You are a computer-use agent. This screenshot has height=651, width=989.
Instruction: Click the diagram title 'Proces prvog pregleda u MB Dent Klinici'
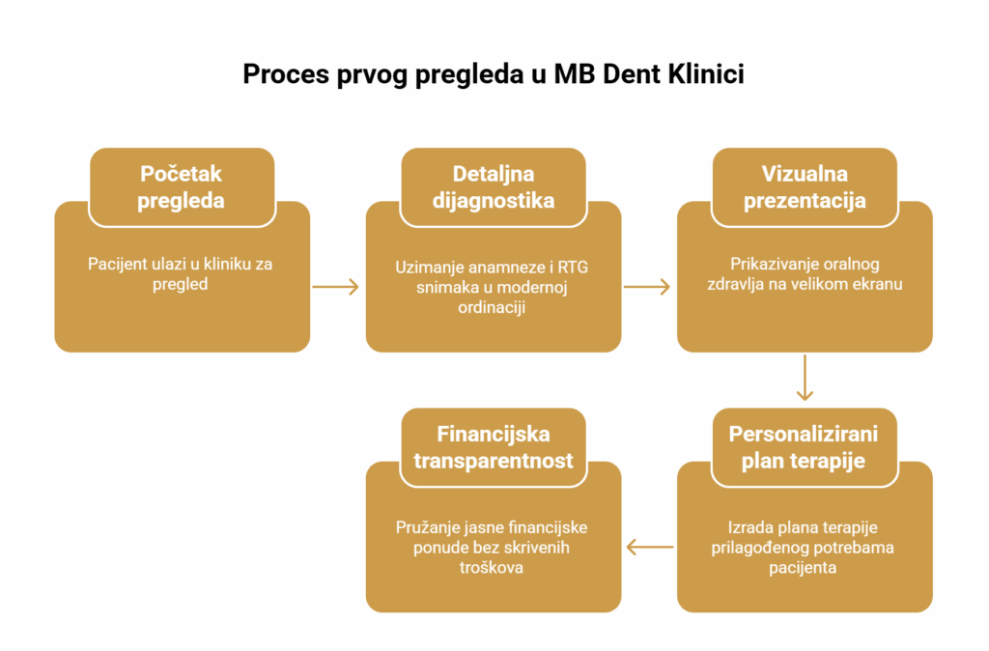[494, 74]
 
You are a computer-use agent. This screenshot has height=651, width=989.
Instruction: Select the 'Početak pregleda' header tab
[182, 186]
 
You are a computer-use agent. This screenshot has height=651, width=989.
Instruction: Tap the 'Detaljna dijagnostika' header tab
[494, 186]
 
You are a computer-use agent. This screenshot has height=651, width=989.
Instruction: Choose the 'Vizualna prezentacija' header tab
[805, 186]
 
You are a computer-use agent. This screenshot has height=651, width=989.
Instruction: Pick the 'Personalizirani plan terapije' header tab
[805, 447]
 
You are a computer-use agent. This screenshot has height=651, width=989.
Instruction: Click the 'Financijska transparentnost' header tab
[494, 447]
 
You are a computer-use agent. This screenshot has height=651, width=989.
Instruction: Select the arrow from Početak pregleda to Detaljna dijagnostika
[335, 287]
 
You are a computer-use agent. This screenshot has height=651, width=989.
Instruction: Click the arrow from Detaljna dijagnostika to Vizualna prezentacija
[647, 287]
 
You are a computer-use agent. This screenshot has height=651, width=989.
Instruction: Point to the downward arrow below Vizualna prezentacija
[805, 378]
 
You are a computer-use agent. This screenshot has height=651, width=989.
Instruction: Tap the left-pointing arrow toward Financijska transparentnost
[650, 547]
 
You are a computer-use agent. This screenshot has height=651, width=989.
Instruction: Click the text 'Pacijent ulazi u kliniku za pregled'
[181, 273]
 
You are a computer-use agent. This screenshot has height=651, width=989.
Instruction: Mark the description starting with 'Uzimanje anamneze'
[492, 287]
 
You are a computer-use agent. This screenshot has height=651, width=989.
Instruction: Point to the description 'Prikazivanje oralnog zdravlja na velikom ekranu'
[805, 273]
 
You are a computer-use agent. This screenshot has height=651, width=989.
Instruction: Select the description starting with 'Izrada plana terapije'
[803, 547]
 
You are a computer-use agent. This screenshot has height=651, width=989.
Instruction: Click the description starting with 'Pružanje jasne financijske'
[492, 547]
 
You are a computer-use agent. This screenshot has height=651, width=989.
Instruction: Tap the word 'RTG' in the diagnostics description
[573, 268]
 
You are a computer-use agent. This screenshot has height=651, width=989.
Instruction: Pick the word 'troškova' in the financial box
[492, 568]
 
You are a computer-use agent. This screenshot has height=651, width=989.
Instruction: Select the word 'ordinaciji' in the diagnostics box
[492, 308]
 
